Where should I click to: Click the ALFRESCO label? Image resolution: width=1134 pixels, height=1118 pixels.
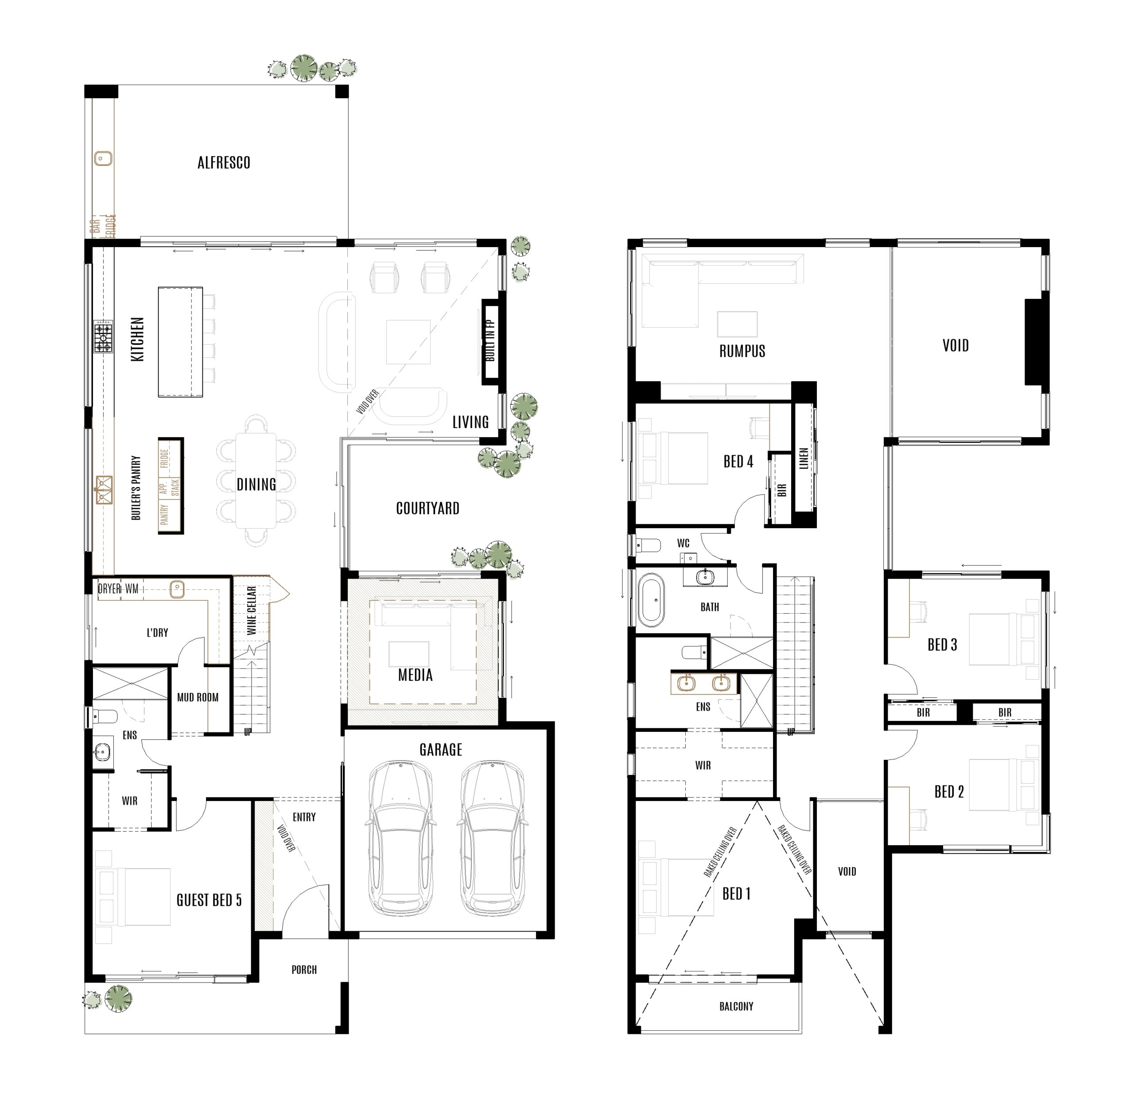[x=224, y=163]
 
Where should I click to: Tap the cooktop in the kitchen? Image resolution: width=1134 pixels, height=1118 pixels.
[x=103, y=337]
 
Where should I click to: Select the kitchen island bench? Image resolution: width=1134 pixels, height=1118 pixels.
[x=180, y=341]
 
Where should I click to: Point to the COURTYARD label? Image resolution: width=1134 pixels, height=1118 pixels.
[x=427, y=509]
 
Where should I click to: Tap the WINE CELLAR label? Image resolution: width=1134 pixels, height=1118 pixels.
[x=251, y=610]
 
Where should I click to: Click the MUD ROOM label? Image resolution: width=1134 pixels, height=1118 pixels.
[x=198, y=697]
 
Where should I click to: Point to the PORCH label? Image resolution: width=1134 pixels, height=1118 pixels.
[x=304, y=970]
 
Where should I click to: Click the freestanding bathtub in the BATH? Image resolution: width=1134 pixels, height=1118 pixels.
[x=652, y=601]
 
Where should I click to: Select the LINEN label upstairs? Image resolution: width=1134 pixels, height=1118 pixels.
[x=804, y=459]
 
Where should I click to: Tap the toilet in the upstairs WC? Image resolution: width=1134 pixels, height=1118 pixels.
[x=648, y=546]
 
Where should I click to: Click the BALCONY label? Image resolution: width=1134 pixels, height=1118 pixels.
[x=736, y=1006]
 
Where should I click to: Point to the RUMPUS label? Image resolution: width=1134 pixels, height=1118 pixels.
[x=742, y=352]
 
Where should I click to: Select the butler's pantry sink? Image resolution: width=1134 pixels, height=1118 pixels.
[x=104, y=490]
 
